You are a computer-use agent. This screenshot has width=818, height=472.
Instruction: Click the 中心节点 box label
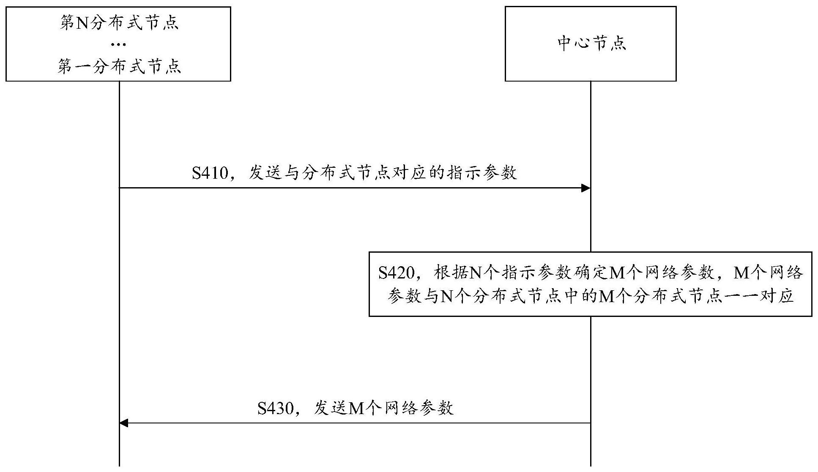pos(591,44)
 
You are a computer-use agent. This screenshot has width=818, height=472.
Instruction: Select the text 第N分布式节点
pos(119,23)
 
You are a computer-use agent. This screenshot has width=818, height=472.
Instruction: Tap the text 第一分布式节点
pos(119,67)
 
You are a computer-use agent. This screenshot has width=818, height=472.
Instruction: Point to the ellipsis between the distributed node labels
pos(119,45)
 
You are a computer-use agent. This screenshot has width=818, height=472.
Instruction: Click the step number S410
pos(210,173)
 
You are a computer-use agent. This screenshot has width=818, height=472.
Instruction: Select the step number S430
pos(276,408)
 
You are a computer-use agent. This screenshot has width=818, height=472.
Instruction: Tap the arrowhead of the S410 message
pos(585,188)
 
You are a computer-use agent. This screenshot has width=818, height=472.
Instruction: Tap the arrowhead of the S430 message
pos(124,423)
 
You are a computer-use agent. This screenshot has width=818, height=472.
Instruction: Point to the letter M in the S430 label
pos(357,409)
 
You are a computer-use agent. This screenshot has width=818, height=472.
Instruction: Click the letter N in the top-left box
pos(83,23)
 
